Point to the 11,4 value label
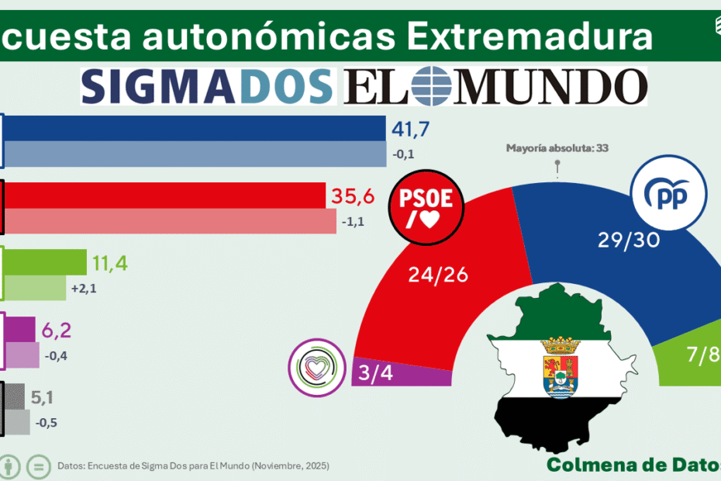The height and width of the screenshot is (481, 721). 109,263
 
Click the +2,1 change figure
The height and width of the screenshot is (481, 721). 85,289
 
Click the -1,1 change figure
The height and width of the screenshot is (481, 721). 354,221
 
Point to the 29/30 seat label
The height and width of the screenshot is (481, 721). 628,240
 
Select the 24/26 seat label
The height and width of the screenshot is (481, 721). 437,275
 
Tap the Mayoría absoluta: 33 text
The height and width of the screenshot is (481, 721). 556,147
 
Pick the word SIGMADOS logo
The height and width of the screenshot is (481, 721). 207,86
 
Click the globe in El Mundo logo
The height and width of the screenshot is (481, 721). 431,86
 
